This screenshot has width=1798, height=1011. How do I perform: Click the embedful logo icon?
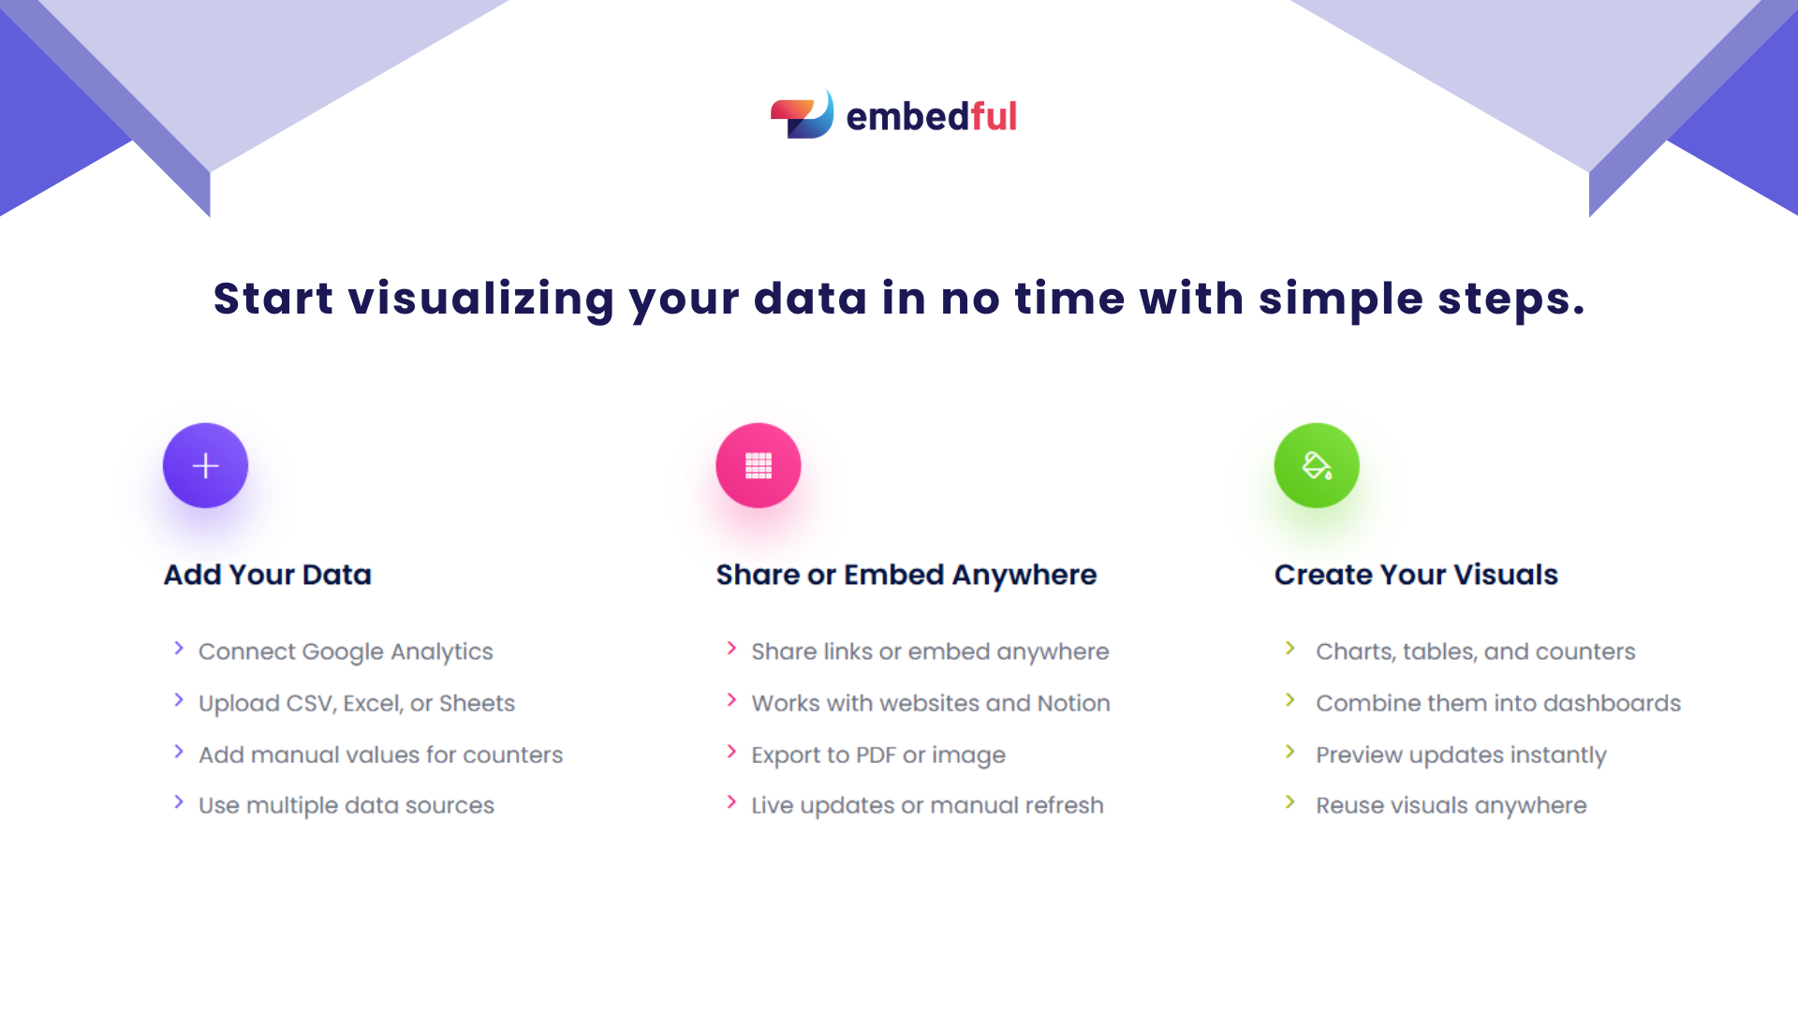[x=802, y=115]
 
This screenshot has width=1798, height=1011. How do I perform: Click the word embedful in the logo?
[x=931, y=117]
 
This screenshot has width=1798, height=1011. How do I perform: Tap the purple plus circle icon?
[x=205, y=465]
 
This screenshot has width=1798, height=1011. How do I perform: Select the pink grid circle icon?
[x=758, y=465]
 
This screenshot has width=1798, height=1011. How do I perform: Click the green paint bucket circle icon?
[x=1316, y=465]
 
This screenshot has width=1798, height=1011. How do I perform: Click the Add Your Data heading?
[x=268, y=575]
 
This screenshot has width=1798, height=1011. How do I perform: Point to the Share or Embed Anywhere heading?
[x=906, y=575]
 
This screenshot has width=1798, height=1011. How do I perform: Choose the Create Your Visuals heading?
[x=1416, y=575]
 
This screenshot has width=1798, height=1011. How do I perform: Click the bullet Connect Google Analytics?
[x=345, y=652]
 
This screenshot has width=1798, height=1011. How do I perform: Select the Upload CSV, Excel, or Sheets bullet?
[x=356, y=703]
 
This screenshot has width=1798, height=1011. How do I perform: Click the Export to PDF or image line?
[x=877, y=755]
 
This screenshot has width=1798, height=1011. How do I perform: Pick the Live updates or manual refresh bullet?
[x=927, y=805]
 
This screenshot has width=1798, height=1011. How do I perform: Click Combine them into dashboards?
[x=1497, y=703]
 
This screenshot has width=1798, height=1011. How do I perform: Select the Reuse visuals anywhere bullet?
[x=1451, y=805]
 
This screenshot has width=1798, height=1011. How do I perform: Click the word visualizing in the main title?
[x=481, y=300]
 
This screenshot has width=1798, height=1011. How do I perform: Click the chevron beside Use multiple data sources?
[x=179, y=802]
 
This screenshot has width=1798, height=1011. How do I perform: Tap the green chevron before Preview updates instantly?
[x=1290, y=752]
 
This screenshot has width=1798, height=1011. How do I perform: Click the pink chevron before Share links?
[x=731, y=649]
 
